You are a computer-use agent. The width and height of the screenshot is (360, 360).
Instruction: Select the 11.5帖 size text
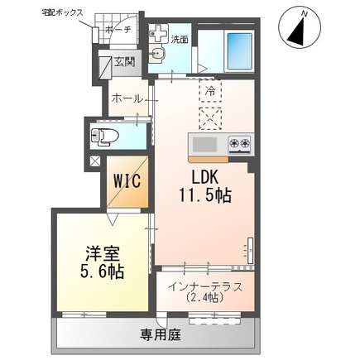(x=205, y=196)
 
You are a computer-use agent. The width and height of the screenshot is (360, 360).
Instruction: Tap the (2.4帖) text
(x=204, y=298)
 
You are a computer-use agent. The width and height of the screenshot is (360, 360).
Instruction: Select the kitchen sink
(x=204, y=146)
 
